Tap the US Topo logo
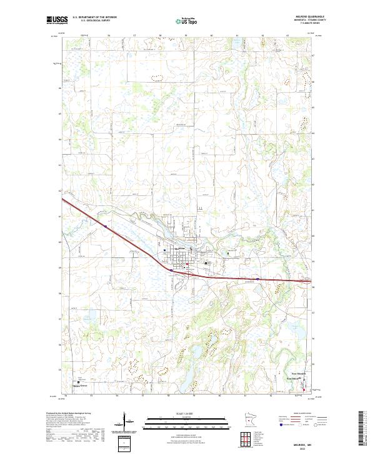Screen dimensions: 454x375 coord(179,20)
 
